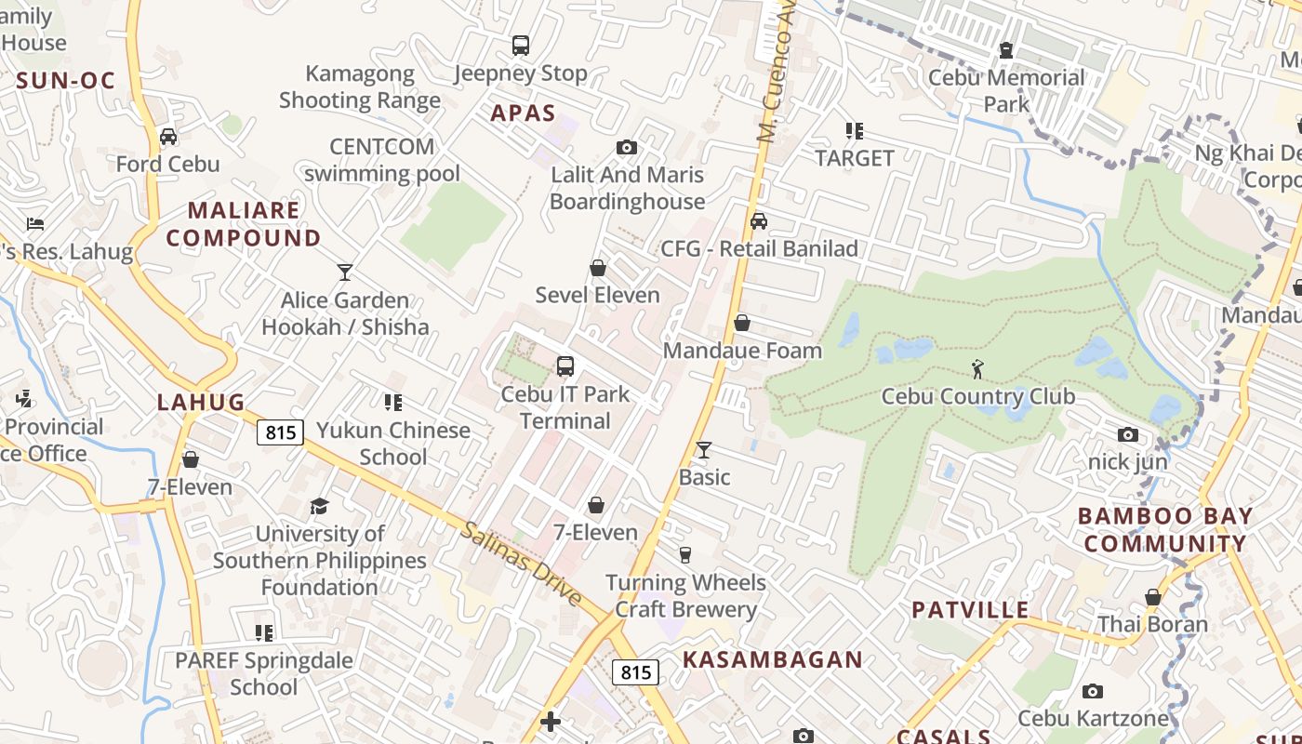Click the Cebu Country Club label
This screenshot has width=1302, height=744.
point(977,396)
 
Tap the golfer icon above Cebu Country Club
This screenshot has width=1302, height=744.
point(977,369)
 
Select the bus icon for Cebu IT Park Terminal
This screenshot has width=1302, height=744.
point(565,366)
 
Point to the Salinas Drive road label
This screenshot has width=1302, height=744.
point(521,563)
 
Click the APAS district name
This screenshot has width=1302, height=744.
point(523,113)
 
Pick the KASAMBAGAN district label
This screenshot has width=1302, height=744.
point(773,659)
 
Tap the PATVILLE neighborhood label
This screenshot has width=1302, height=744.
point(970,610)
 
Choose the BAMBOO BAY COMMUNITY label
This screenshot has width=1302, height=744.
point(1165,530)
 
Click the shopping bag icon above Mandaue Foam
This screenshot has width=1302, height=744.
point(742,324)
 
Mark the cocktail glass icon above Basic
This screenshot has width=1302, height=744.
point(704,450)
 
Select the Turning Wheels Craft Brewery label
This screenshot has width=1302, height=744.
point(685,596)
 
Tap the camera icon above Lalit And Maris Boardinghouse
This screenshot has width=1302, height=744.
point(627,148)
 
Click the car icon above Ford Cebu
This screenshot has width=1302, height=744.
point(168,137)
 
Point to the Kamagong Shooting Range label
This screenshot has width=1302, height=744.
point(360,86)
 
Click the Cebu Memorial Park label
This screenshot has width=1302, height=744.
point(1006,90)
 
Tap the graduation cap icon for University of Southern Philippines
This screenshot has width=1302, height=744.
point(319,507)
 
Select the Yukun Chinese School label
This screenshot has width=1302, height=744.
point(393,444)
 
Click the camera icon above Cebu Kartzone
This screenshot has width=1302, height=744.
point(1093,692)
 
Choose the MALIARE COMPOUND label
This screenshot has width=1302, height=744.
point(244,224)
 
